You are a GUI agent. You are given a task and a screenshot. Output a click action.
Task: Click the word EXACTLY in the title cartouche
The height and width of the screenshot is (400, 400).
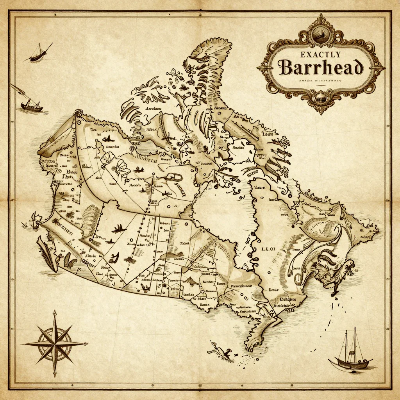click(x=321, y=55)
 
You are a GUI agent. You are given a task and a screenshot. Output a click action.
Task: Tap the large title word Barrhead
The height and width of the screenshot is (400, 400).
click(x=321, y=68)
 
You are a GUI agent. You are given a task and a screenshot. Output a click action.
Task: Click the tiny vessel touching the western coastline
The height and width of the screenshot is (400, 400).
click(x=36, y=220)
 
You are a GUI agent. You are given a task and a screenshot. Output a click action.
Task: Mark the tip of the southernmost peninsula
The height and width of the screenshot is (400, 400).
click(x=250, y=348)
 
